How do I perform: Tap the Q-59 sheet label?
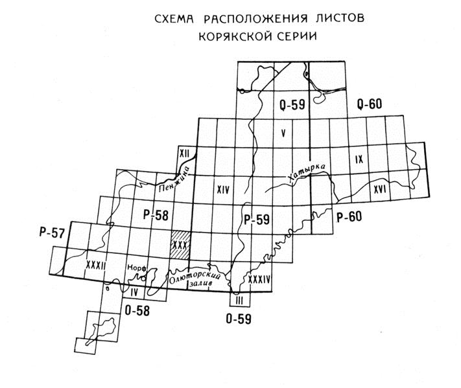tap(292, 103)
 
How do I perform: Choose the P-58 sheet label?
tap(155, 214)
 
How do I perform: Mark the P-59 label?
tap(256, 220)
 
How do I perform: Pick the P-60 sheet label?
tap(349, 217)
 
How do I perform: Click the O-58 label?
tap(137, 311)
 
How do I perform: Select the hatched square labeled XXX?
tap(180, 245)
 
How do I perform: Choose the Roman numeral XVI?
tap(381, 189)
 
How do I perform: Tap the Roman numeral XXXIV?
tap(259, 279)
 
